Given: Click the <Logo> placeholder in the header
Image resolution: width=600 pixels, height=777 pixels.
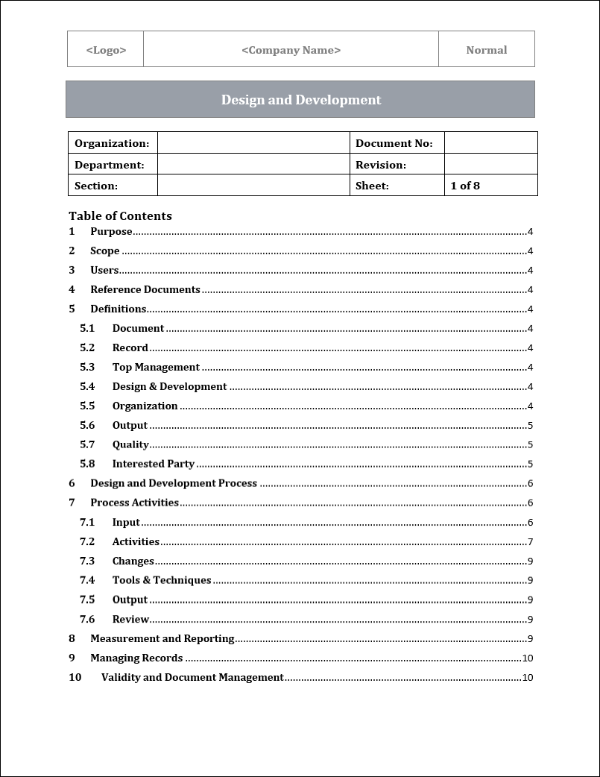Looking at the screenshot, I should [106, 50].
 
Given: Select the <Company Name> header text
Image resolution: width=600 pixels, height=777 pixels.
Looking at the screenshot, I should [291, 50].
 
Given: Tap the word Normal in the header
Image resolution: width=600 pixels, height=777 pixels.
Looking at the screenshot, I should [486, 50].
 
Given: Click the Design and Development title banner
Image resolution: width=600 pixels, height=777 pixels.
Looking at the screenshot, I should [300, 100].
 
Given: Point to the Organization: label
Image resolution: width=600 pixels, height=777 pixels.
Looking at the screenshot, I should [112, 143].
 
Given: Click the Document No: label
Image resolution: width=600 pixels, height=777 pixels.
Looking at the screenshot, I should [394, 143].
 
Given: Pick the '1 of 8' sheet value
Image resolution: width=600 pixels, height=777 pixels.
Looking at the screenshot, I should [465, 186].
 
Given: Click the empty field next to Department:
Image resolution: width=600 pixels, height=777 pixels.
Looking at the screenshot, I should [253, 165].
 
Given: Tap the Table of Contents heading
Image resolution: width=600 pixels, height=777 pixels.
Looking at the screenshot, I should [120, 216].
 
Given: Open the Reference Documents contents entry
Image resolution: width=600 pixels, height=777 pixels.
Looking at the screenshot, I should [145, 289].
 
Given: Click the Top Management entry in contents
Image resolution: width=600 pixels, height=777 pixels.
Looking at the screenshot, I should [156, 367].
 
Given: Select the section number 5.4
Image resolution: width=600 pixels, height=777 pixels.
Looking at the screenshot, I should [87, 386].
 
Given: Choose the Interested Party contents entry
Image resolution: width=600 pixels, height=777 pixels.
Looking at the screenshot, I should [153, 464].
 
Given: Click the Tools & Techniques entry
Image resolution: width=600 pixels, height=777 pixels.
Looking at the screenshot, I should [162, 580].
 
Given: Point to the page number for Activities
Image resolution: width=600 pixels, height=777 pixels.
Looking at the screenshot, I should [530, 542].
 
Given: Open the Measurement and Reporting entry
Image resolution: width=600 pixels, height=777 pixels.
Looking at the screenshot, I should [162, 638].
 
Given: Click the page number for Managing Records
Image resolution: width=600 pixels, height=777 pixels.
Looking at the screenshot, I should [527, 658].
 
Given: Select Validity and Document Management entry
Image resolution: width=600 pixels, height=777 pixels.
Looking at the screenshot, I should [192, 678].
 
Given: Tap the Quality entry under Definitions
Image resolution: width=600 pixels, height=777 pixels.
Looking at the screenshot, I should [130, 444].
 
